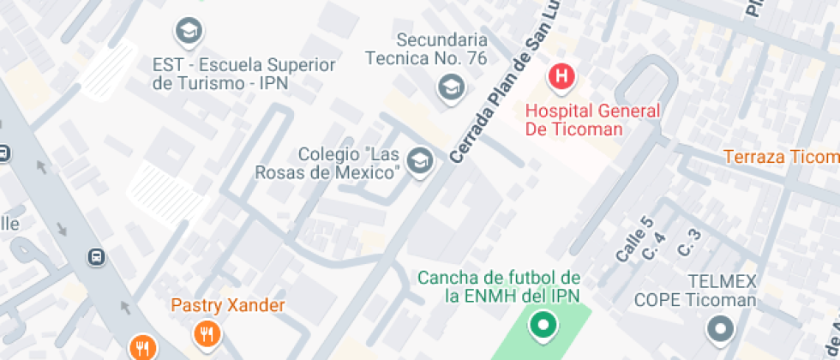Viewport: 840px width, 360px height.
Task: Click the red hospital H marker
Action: click(x=561, y=76)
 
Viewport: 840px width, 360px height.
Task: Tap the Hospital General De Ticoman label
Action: click(x=592, y=120)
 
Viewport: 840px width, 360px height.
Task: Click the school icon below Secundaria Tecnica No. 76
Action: click(x=450, y=86)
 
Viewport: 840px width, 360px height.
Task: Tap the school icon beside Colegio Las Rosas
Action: click(x=419, y=161)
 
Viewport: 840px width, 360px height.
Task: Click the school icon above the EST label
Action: click(x=187, y=33)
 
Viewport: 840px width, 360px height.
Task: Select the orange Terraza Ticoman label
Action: click(x=781, y=157)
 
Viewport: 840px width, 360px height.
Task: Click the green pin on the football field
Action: click(x=542, y=325)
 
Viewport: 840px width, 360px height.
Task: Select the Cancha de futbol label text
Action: click(x=499, y=286)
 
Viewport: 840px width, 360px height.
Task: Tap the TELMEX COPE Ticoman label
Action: click(x=695, y=291)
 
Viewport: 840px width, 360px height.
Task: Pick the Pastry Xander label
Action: click(x=227, y=304)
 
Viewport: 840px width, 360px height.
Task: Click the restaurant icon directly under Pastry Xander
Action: click(x=205, y=333)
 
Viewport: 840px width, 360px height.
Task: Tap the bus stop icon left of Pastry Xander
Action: click(x=97, y=256)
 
